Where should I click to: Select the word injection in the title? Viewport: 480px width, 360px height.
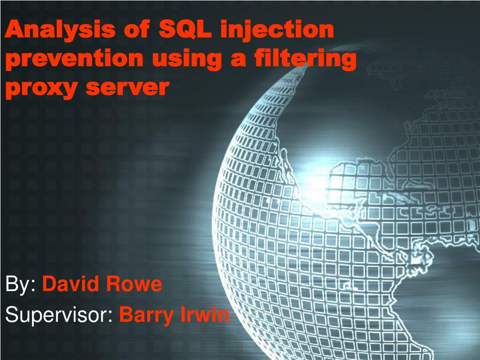point(277,30)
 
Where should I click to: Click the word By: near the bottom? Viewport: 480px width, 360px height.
point(21,285)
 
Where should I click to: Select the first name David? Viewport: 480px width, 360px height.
point(70,284)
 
